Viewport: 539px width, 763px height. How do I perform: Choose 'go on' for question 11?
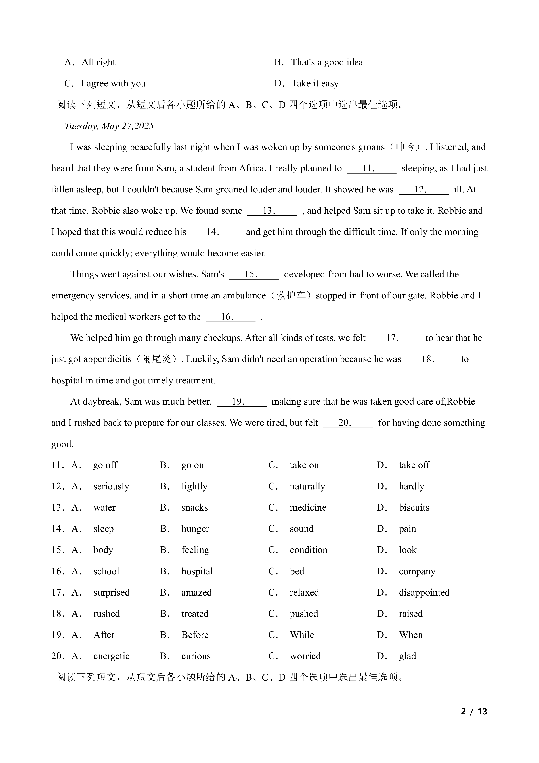click(192, 465)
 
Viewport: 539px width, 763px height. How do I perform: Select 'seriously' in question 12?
click(111, 486)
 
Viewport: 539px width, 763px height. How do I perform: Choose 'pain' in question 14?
click(407, 529)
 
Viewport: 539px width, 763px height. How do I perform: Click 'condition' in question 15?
click(308, 550)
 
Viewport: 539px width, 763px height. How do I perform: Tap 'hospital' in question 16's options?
click(197, 571)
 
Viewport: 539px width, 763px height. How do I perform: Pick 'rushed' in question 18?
click(106, 614)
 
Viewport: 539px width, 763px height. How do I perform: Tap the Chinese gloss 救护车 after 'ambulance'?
click(291, 295)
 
